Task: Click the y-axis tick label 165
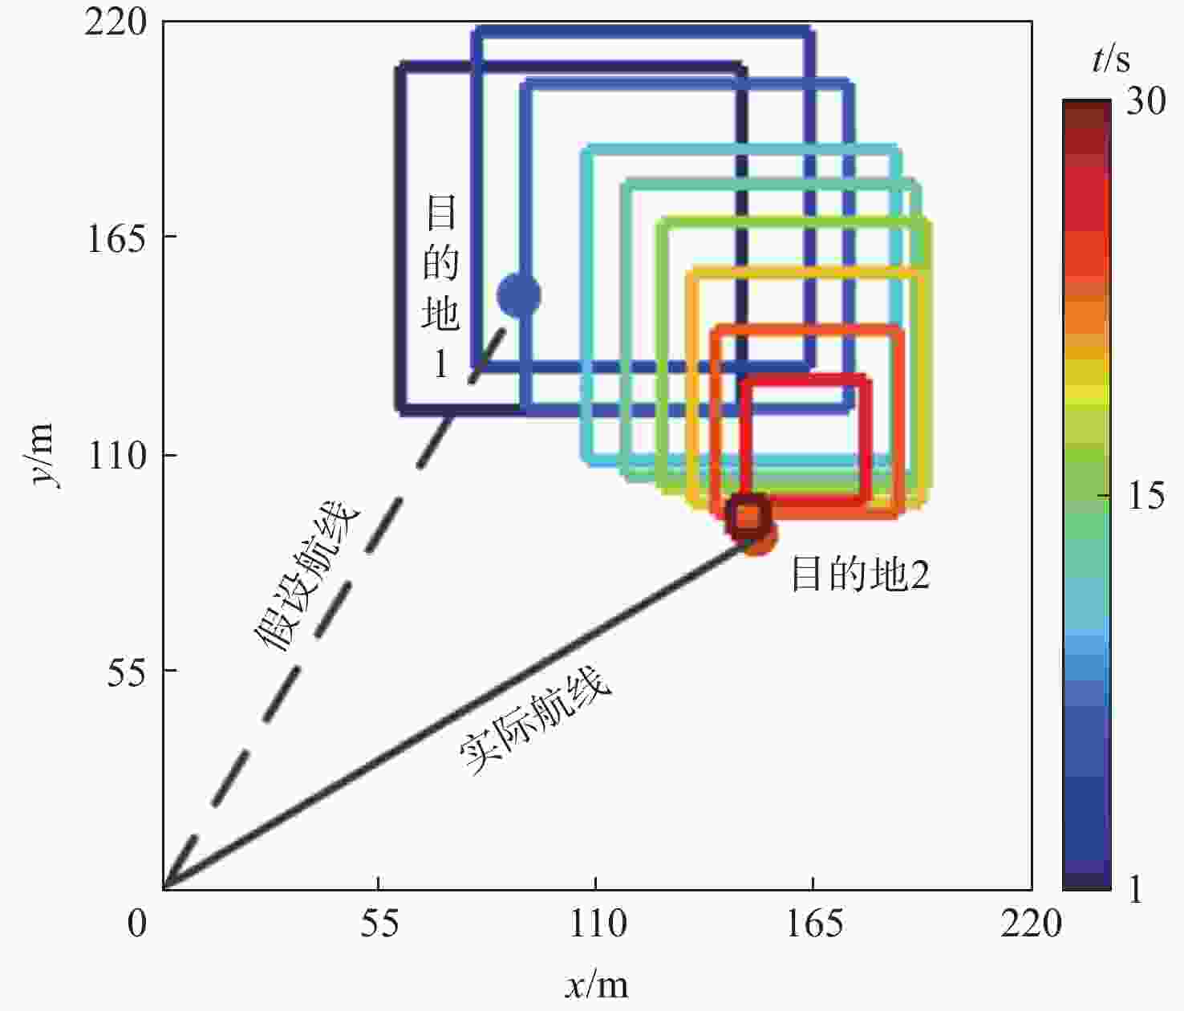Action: coord(117,239)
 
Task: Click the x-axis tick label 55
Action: coord(379,924)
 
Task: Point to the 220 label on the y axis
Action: coord(117,23)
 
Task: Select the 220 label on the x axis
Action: coord(1031,924)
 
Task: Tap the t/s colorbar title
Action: coord(1111,60)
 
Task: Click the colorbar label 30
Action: coord(1145,102)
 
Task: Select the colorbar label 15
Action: coord(1145,497)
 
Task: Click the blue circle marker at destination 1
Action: coord(519,295)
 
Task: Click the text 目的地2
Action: coord(860,575)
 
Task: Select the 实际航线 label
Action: coord(535,721)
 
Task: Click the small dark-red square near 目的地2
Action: coord(748,515)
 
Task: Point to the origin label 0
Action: coord(137,924)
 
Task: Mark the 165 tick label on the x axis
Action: coord(813,924)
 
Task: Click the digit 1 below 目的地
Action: coord(440,365)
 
